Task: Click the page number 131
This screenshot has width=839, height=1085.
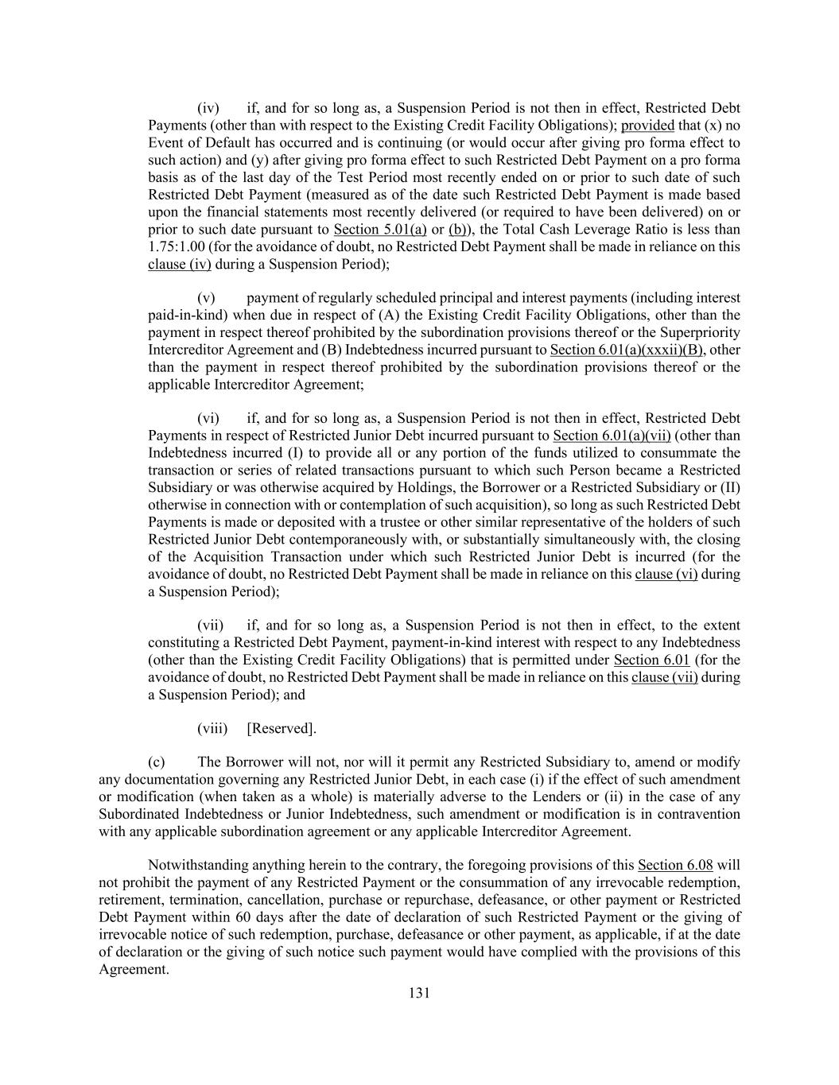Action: [419, 992]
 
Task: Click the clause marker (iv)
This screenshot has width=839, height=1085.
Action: [208, 108]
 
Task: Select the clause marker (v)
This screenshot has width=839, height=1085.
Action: [207, 298]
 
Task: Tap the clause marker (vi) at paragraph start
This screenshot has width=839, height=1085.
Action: [208, 418]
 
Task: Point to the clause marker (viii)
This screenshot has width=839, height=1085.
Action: [212, 728]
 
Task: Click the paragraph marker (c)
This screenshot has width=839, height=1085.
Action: [157, 761]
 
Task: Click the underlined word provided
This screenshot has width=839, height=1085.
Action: [647, 126]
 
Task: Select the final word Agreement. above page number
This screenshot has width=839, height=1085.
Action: [134, 970]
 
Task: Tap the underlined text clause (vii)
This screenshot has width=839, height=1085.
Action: [664, 677]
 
